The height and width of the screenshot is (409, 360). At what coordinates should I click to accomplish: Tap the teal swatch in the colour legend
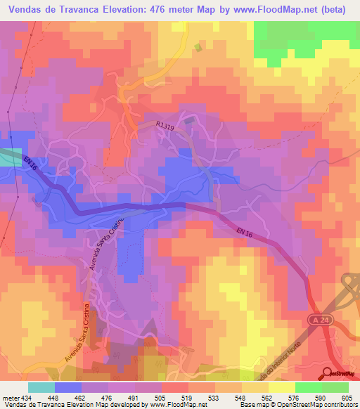pos(41,387)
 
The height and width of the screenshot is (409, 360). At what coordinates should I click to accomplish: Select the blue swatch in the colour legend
pos(67,387)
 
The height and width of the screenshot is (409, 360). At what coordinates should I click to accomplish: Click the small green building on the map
pos(198,48)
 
